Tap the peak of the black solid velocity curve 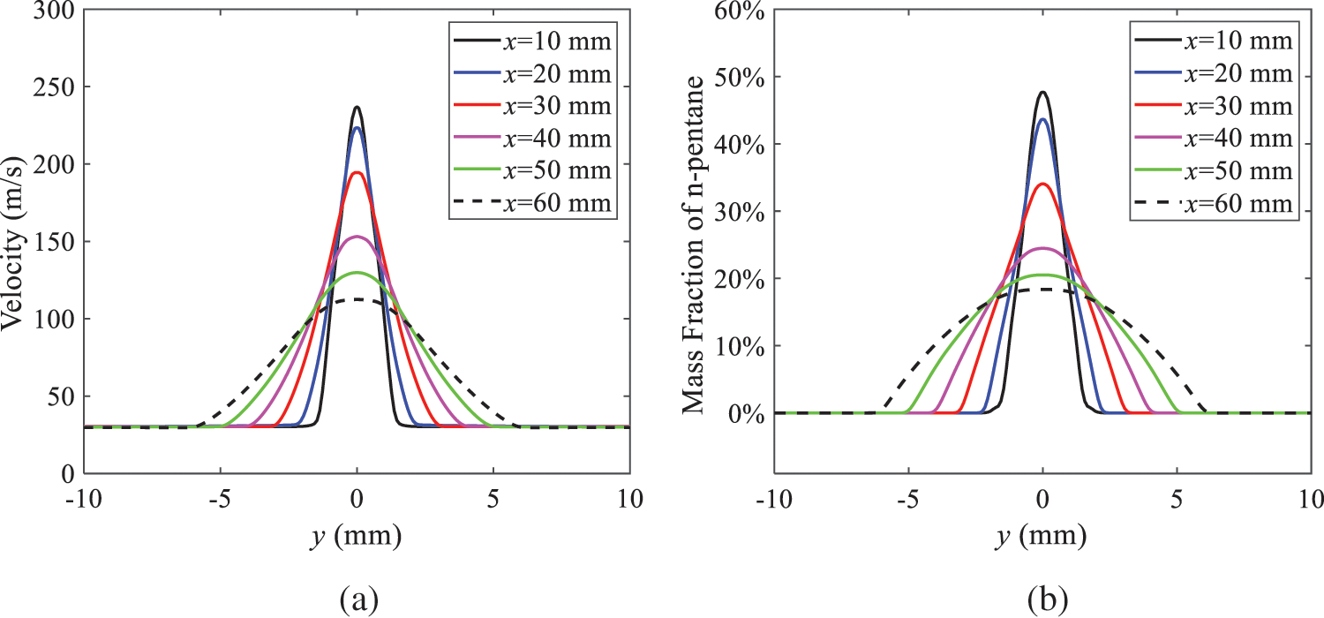coord(357,108)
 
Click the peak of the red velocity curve coord(357,172)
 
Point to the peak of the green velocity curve coord(357,273)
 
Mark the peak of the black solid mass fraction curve coord(1043,92)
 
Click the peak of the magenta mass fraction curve coord(1043,248)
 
